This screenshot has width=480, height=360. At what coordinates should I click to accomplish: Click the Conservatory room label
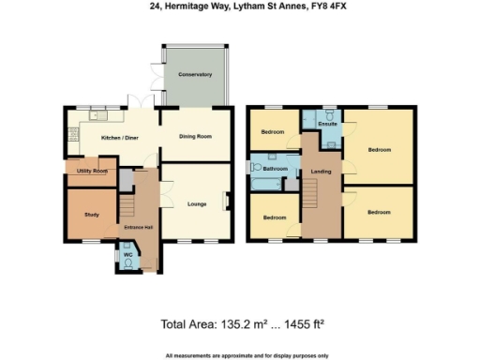(x=195, y=74)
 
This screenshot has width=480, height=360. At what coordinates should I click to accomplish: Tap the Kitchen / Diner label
(x=121, y=138)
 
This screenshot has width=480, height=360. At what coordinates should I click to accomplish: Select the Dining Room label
(x=195, y=137)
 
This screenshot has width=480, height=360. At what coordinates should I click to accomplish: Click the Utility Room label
(x=93, y=172)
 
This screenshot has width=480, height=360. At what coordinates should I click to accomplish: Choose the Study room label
(x=92, y=215)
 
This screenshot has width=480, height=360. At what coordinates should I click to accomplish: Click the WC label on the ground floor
(x=128, y=254)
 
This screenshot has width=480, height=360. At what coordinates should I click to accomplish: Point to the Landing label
(x=319, y=171)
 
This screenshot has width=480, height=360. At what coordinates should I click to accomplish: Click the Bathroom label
(x=275, y=169)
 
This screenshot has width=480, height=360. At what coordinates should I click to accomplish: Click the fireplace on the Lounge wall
(x=225, y=202)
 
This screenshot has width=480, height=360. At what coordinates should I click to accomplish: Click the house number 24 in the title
(x=154, y=7)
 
